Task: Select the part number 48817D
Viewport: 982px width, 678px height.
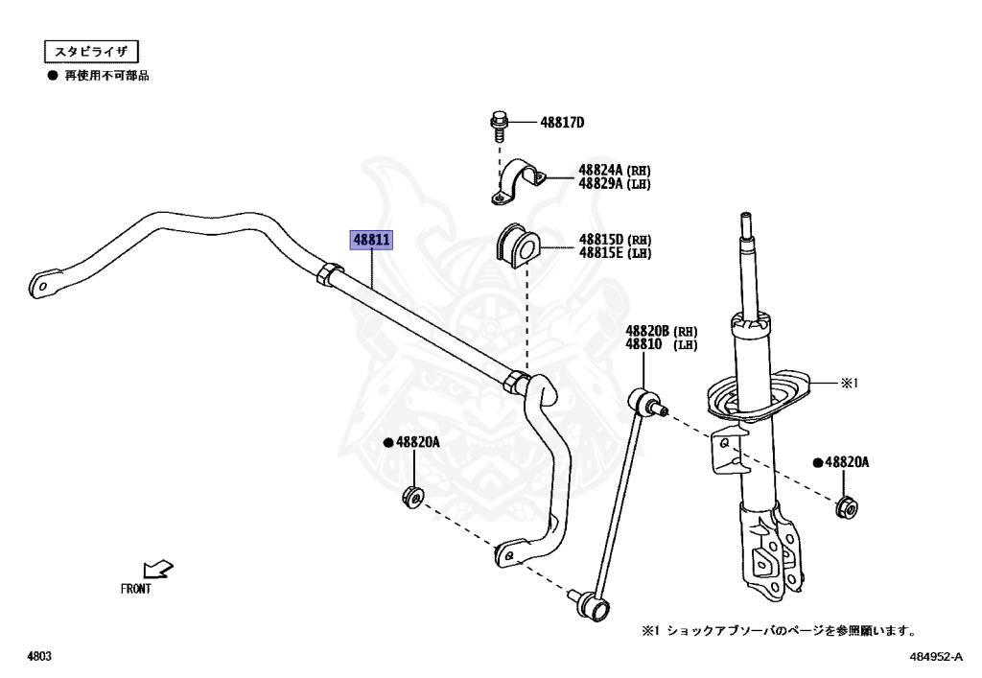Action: (x=562, y=123)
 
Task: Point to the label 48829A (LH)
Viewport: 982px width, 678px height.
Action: (x=614, y=184)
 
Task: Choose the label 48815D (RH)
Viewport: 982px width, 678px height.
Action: (x=614, y=240)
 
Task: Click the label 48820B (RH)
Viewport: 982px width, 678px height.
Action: (x=662, y=331)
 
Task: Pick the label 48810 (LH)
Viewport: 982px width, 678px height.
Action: (x=662, y=343)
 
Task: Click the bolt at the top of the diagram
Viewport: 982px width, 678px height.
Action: (x=498, y=124)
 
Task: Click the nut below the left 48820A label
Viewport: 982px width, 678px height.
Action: (x=412, y=499)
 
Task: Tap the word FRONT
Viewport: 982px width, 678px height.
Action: (x=135, y=590)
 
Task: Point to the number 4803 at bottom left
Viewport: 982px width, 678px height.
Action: (x=38, y=657)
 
